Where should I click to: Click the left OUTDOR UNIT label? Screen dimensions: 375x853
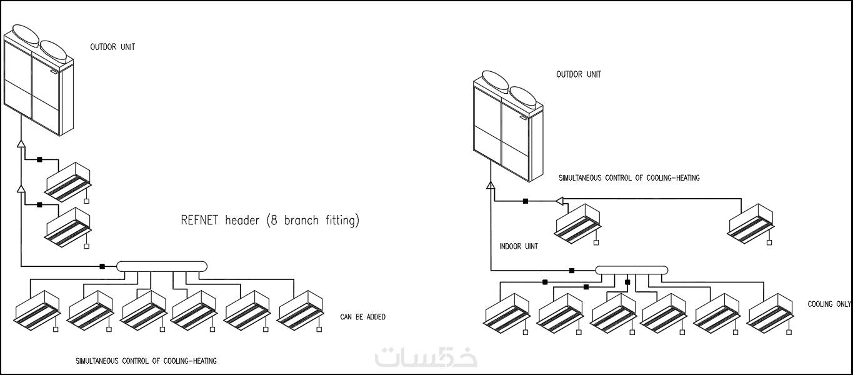click(x=112, y=47)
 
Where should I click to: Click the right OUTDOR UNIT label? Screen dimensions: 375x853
click(x=579, y=74)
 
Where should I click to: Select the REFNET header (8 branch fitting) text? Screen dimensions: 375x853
click(x=270, y=220)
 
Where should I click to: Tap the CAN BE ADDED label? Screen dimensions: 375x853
click(x=362, y=317)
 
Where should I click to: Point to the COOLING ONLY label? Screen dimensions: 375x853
click(x=829, y=304)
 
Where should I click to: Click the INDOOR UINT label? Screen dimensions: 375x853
click(x=519, y=246)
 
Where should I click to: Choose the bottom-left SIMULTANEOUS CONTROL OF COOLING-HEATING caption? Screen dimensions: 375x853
click(x=146, y=361)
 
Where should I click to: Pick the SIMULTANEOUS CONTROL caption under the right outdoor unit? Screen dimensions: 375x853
click(x=629, y=178)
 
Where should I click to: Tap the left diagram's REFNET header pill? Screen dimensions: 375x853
click(x=161, y=266)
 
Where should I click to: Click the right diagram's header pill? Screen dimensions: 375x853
click(x=631, y=270)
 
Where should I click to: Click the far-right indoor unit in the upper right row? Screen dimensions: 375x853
click(x=751, y=222)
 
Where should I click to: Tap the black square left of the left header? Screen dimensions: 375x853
click(x=102, y=267)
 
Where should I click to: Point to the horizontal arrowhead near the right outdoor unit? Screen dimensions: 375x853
click(x=559, y=201)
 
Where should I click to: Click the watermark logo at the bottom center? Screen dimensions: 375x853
click(x=426, y=356)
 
